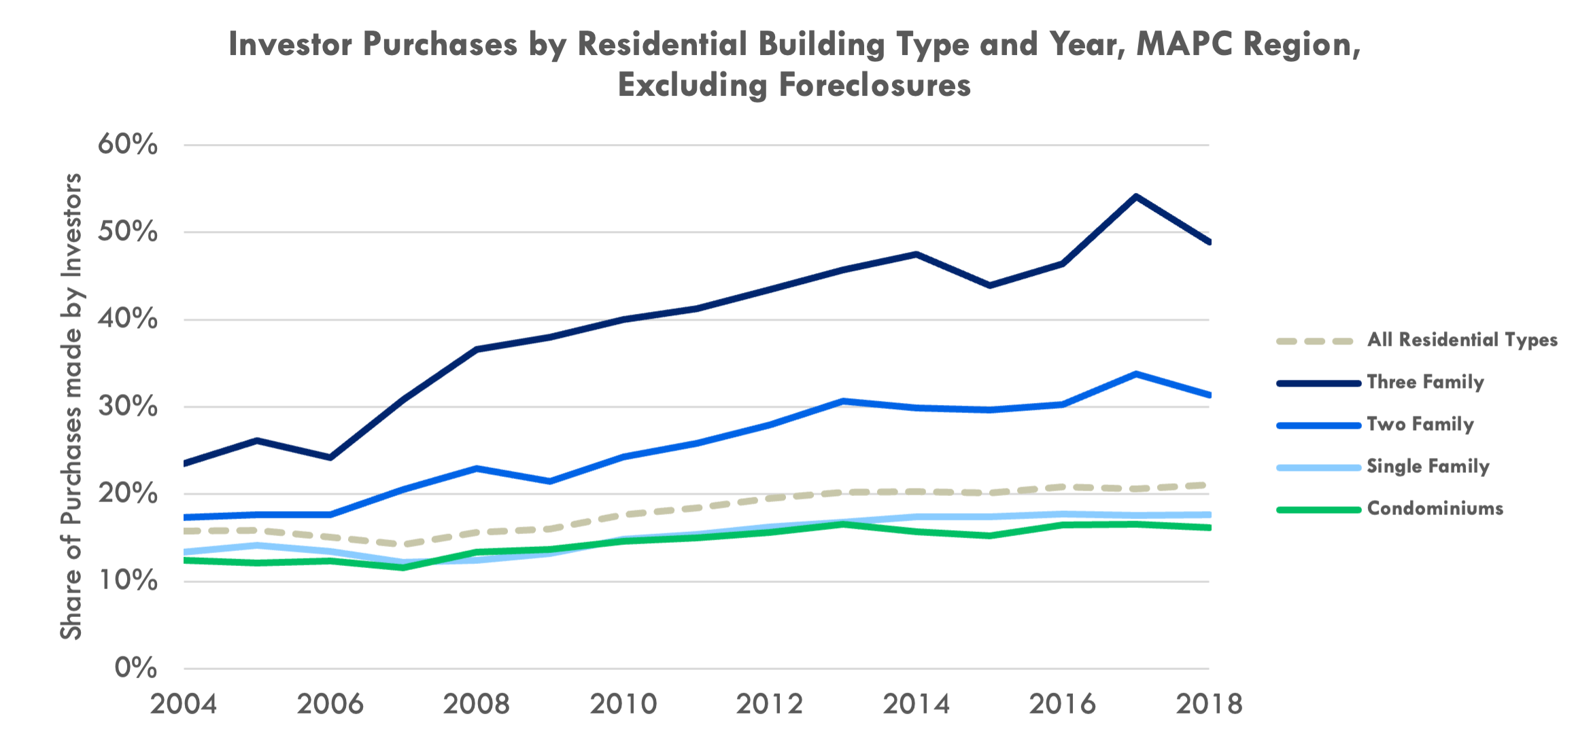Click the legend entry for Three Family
point(1425,382)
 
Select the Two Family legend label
point(1420,424)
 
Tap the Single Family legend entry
point(1428,466)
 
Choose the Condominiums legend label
point(1435,508)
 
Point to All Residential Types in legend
point(1462,340)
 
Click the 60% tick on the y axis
point(128,145)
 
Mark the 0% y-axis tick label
point(136,668)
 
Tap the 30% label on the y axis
point(128,406)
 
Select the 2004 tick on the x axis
point(184,704)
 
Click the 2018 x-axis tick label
point(1209,704)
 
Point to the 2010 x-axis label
point(623,704)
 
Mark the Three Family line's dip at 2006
point(330,457)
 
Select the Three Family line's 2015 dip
point(989,285)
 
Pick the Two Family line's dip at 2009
point(550,482)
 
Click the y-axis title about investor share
point(71,406)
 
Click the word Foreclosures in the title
point(875,86)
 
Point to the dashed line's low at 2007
point(404,544)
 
